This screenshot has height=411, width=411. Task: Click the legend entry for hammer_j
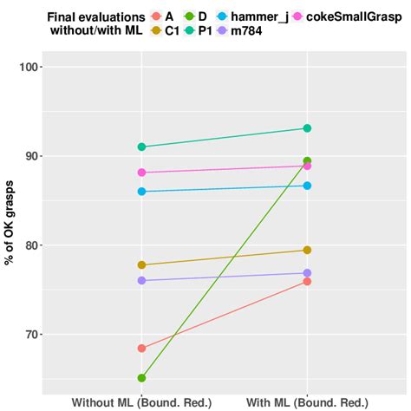click(259, 16)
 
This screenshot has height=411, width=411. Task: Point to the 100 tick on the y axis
click(33, 68)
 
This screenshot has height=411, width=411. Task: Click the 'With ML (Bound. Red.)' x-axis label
click(307, 402)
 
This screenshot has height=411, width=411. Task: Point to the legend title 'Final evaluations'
click(95, 16)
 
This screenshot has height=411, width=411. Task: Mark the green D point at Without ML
click(141, 378)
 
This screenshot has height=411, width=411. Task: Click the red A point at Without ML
click(141, 349)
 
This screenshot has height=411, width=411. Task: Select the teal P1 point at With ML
click(307, 128)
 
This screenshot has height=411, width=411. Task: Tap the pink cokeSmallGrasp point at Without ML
click(141, 173)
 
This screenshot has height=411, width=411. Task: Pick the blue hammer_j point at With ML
click(307, 186)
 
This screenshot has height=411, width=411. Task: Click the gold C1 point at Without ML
click(141, 264)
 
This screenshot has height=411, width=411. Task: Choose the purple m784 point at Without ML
click(141, 280)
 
